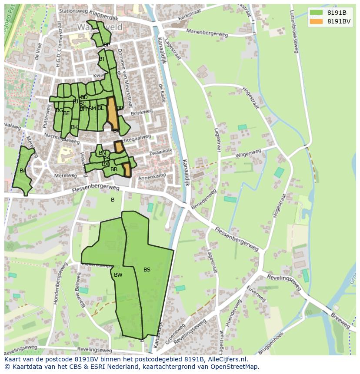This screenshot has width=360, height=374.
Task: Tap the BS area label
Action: pyautogui.click(x=147, y=270)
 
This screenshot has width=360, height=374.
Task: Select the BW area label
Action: pyautogui.click(x=118, y=275)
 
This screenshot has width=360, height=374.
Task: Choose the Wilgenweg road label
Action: pyautogui.click(x=248, y=154)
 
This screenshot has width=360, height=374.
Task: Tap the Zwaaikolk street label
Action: pyautogui.click(x=161, y=151)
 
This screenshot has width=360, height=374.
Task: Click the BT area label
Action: pyautogui.click(x=102, y=59)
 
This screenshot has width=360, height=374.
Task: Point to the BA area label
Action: pyautogui.click(x=23, y=171)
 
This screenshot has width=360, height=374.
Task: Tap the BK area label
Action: pyautogui.click(x=74, y=127)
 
